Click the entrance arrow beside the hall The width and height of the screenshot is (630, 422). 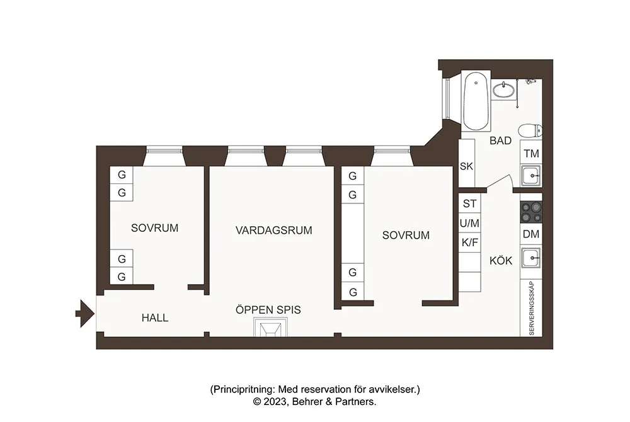84,312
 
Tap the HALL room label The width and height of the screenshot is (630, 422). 155,318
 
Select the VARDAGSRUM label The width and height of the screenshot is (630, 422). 274,230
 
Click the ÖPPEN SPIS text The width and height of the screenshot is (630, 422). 268,310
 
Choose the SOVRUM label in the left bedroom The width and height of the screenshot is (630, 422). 154,228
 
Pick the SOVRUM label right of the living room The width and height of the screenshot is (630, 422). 406,236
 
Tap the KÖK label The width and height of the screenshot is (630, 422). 501,261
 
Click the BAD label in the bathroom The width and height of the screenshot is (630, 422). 500,141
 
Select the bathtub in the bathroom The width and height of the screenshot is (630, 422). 476,102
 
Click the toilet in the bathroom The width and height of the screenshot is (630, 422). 530,132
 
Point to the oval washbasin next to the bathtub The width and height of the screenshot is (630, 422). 503,91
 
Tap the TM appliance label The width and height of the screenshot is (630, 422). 531,154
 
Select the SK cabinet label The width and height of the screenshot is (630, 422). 466,167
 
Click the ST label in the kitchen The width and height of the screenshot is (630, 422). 469,203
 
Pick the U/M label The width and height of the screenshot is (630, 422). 469,223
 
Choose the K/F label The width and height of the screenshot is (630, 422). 469,242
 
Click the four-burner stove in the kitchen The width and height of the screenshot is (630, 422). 531,212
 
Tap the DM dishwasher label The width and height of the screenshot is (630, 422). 531,234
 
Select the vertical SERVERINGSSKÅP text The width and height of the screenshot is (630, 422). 531,308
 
